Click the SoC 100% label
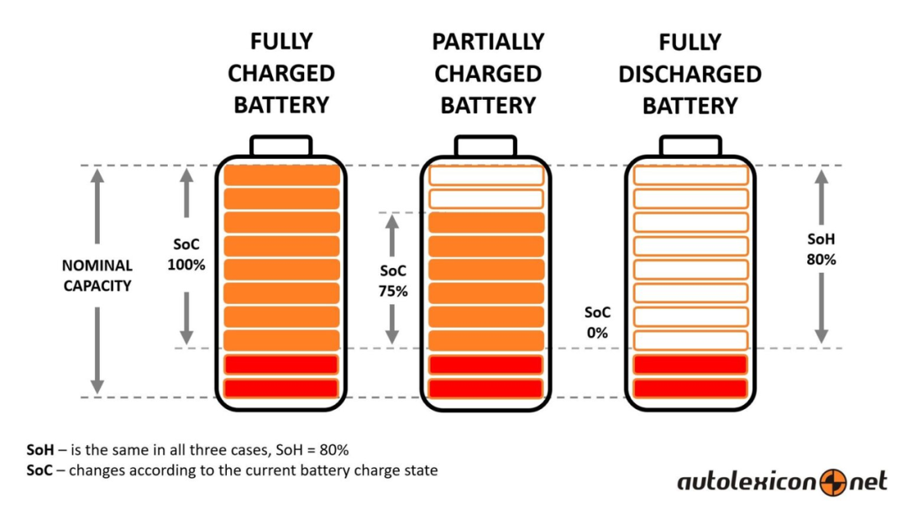pyautogui.click(x=186, y=254)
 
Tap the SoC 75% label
pyautogui.click(x=393, y=281)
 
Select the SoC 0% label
pyautogui.click(x=597, y=323)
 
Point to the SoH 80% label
pyautogui.click(x=821, y=249)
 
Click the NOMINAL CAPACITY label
pyautogui.click(x=97, y=275)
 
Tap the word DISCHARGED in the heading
pyautogui.click(x=689, y=74)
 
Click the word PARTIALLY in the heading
pyautogui.click(x=488, y=42)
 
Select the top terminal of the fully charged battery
pyautogui.click(x=281, y=146)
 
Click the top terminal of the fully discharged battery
pyautogui.click(x=690, y=146)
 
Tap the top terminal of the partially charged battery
pyautogui.click(x=485, y=146)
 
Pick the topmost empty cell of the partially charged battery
pyautogui.click(x=486, y=176)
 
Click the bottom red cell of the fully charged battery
pyautogui.click(x=281, y=388)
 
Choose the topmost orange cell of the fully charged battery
pyautogui.click(x=281, y=176)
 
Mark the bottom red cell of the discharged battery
pyautogui.click(x=690, y=388)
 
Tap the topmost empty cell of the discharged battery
pyautogui.click(x=690, y=176)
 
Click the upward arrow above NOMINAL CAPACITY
pyautogui.click(x=97, y=206)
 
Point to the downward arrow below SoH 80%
pyautogui.click(x=821, y=308)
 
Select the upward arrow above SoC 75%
pyautogui.click(x=392, y=235)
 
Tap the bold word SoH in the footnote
pyautogui.click(x=40, y=450)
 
